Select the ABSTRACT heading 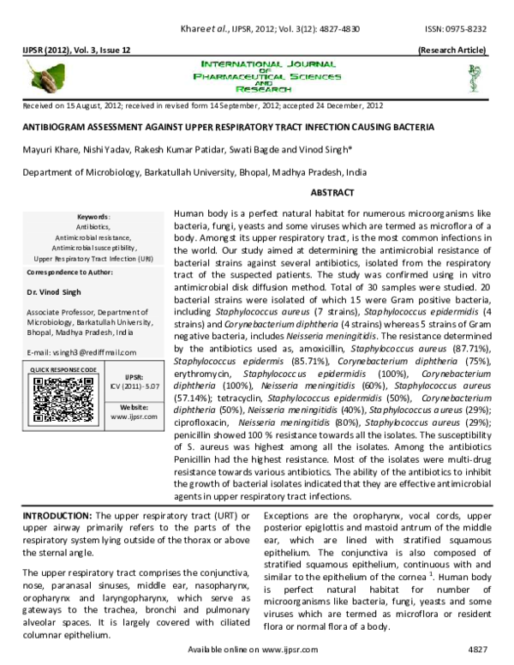332,194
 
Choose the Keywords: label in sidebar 93,217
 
